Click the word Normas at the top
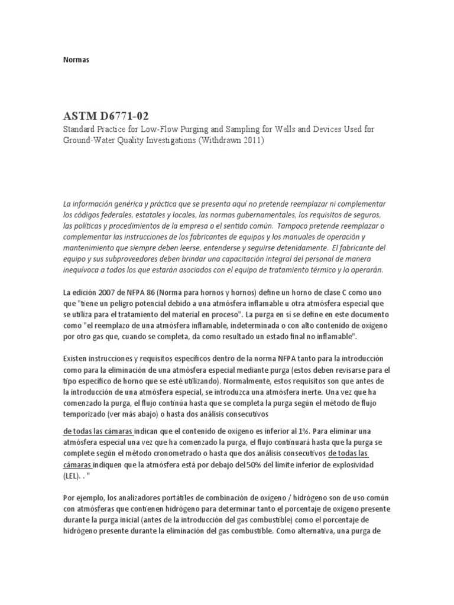tap(76, 60)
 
